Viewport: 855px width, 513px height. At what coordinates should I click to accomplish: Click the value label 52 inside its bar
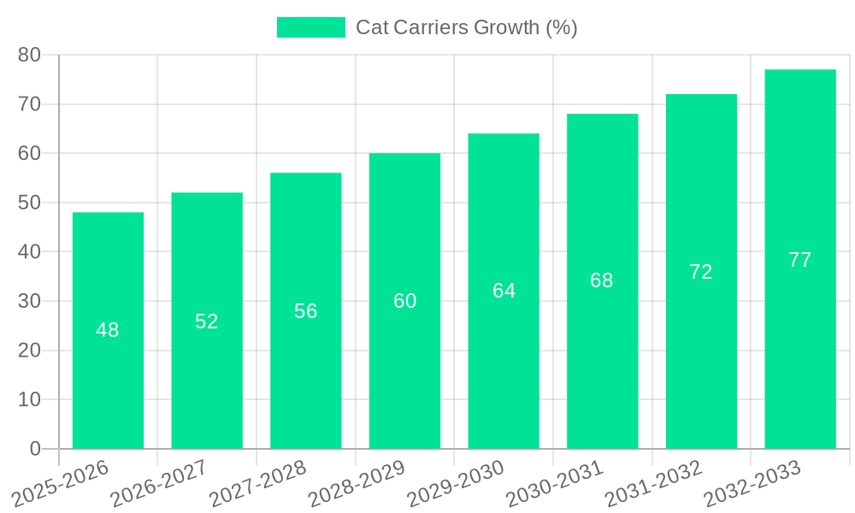coord(207,321)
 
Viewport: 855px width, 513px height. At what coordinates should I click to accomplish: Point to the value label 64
coord(504,291)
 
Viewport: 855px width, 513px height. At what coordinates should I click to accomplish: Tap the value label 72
coord(701,272)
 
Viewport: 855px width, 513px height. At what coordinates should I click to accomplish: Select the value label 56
coord(306,311)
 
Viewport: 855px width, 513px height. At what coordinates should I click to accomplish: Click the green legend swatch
coord(310,27)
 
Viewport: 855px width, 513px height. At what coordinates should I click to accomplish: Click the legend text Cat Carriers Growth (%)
coord(467,27)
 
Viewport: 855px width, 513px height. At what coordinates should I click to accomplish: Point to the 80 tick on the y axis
coord(29,55)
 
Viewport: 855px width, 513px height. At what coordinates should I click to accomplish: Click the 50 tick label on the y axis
coord(29,203)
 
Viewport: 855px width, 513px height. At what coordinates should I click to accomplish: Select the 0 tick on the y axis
coord(35,449)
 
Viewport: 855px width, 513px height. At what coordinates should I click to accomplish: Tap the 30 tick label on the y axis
coord(29,301)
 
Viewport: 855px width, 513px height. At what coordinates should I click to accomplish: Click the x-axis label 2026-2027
coord(159,483)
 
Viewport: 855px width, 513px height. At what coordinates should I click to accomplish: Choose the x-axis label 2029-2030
coord(456,483)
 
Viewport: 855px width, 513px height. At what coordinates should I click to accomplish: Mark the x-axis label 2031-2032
coord(654,483)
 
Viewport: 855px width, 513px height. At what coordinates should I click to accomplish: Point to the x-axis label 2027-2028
coord(258,483)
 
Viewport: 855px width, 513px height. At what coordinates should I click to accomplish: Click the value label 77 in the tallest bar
coord(799,260)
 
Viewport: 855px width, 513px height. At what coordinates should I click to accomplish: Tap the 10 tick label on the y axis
coord(29,399)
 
